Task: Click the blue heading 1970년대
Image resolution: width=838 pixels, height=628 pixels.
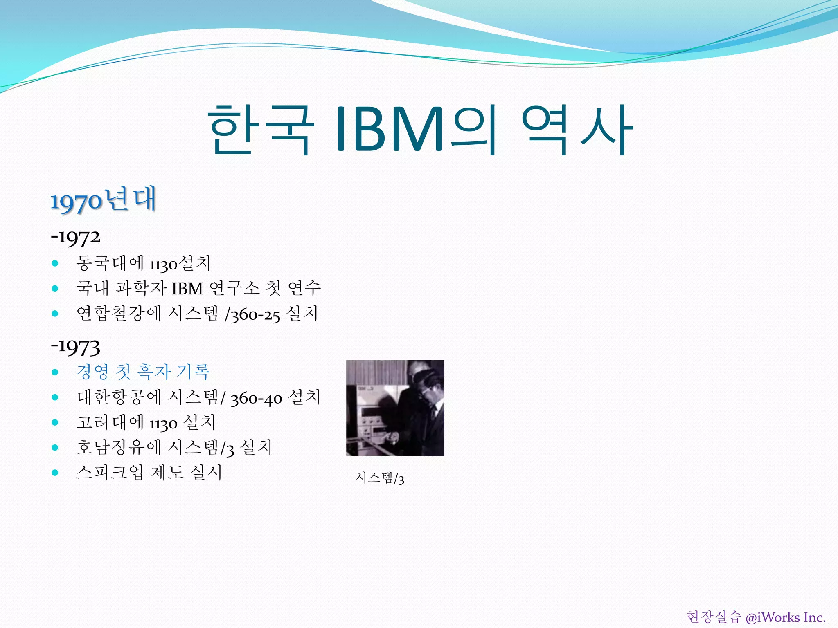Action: point(103,200)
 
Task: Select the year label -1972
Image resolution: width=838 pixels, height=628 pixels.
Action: point(76,237)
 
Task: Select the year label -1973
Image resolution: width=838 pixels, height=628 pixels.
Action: point(76,347)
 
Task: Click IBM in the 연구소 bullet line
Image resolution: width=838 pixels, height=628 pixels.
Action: point(187,289)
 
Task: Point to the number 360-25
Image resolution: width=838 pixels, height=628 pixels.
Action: point(255,315)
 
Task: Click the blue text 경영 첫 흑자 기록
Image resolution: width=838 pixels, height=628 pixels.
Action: point(143,372)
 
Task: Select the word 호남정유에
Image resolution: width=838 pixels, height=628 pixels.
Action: point(119,447)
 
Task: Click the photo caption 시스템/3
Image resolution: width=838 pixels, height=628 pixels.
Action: point(380,478)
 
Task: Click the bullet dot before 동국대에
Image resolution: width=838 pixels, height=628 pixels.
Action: point(55,263)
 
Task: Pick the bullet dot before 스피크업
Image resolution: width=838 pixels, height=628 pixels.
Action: point(55,473)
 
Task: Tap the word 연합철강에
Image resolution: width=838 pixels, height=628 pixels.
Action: point(119,314)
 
